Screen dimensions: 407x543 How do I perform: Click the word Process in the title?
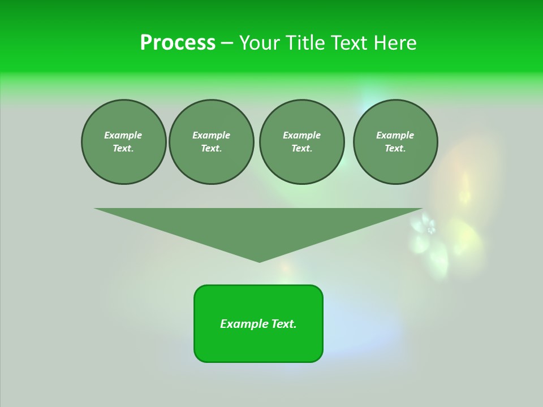(178, 43)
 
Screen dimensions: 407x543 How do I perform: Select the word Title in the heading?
(306, 43)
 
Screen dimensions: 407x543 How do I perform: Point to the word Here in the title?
(394, 43)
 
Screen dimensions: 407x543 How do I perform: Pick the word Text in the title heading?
(349, 43)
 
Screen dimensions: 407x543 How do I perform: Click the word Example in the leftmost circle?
(123, 135)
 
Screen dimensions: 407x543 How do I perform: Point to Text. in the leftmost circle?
(123, 149)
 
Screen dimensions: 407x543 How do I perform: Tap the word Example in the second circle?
(211, 135)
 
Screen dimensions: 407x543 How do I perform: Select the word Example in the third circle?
(301, 135)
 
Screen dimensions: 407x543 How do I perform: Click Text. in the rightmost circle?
(395, 149)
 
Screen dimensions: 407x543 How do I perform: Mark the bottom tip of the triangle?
(259, 261)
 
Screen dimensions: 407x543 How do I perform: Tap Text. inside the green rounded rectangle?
(283, 324)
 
